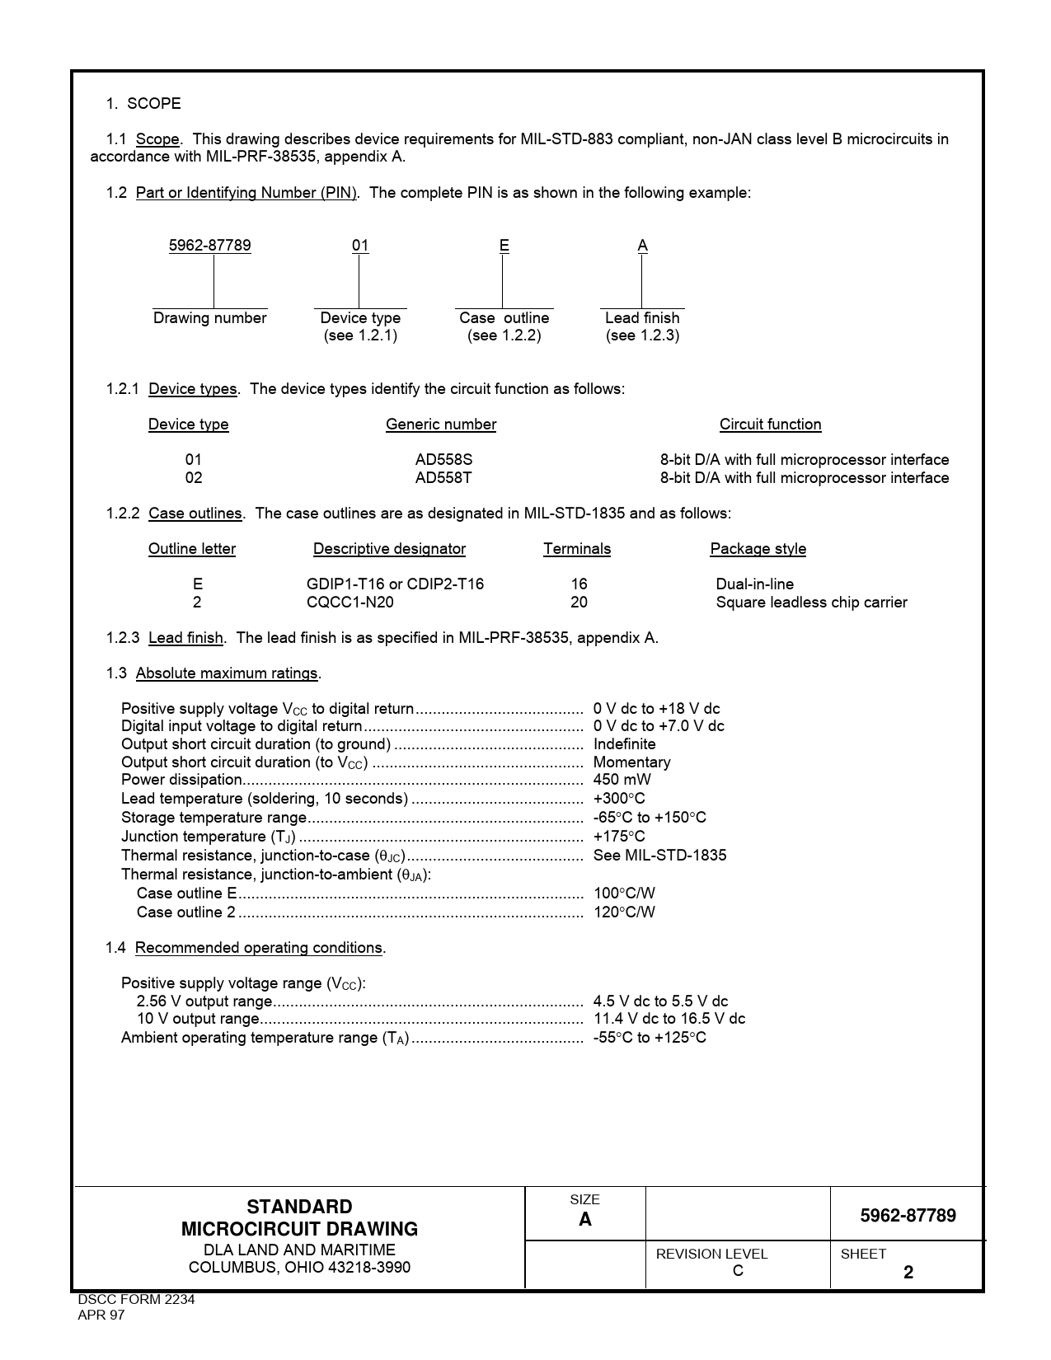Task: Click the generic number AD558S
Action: [443, 460]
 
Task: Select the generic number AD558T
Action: [443, 478]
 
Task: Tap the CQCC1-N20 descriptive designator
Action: [350, 603]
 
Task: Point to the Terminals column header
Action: [577, 549]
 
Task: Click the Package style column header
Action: [758, 549]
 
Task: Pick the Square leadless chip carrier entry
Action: [811, 603]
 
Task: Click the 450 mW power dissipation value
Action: [622, 780]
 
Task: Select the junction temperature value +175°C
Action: [619, 837]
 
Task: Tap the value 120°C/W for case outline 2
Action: [624, 912]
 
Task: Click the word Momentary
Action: [631, 762]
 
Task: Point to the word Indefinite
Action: [624, 744]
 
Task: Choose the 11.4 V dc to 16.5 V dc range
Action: [669, 1019]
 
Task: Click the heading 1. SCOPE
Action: [143, 104]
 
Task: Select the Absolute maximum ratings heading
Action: [227, 673]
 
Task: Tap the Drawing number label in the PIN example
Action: [209, 318]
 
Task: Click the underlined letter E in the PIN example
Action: [504, 246]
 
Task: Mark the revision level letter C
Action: [738, 1271]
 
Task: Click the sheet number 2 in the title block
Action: [908, 1273]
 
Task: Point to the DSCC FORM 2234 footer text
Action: [136, 1300]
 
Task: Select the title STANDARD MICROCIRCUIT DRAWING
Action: [299, 1218]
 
